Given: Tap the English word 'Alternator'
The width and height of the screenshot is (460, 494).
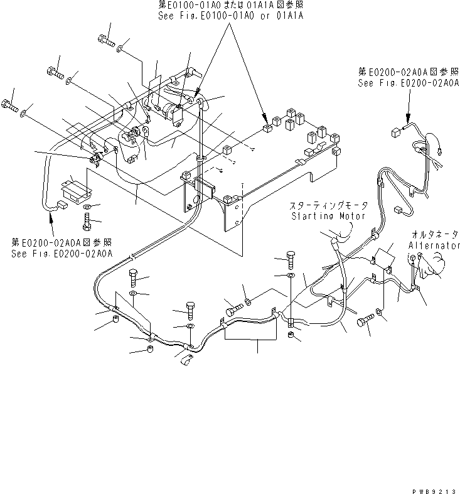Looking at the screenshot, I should [434, 246].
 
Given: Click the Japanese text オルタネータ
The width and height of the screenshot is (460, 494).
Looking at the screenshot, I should [435, 234].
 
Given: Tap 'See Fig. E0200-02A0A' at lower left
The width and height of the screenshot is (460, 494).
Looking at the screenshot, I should [62, 253].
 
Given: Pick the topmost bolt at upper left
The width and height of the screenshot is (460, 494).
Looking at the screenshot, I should [105, 40].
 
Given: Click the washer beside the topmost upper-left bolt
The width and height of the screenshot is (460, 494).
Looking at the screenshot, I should [122, 46].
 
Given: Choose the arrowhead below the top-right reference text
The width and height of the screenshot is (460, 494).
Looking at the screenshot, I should [407, 122].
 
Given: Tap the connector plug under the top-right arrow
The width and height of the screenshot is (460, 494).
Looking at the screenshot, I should [395, 132].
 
